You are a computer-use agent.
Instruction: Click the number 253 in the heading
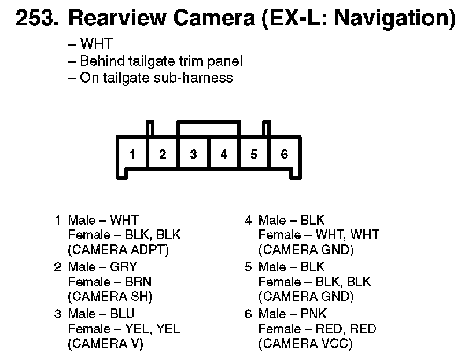click(x=35, y=19)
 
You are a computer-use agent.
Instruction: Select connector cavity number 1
click(x=132, y=155)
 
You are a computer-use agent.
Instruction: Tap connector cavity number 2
click(x=163, y=155)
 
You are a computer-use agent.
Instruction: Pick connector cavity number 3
click(x=193, y=155)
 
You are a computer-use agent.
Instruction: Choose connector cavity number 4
click(x=224, y=155)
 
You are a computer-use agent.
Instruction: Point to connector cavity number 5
click(x=254, y=155)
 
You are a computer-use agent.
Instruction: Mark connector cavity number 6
click(x=284, y=155)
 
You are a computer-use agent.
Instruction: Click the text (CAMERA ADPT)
click(x=118, y=251)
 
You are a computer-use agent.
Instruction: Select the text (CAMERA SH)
click(x=110, y=297)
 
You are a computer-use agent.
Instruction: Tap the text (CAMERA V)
click(x=105, y=344)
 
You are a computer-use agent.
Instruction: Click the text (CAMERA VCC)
click(x=305, y=344)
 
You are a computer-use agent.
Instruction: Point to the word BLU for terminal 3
click(x=122, y=314)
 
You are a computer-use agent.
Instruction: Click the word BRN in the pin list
click(x=138, y=282)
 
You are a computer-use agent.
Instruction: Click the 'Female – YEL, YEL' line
click(x=124, y=329)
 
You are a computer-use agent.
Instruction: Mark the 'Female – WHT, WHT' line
click(x=319, y=235)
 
